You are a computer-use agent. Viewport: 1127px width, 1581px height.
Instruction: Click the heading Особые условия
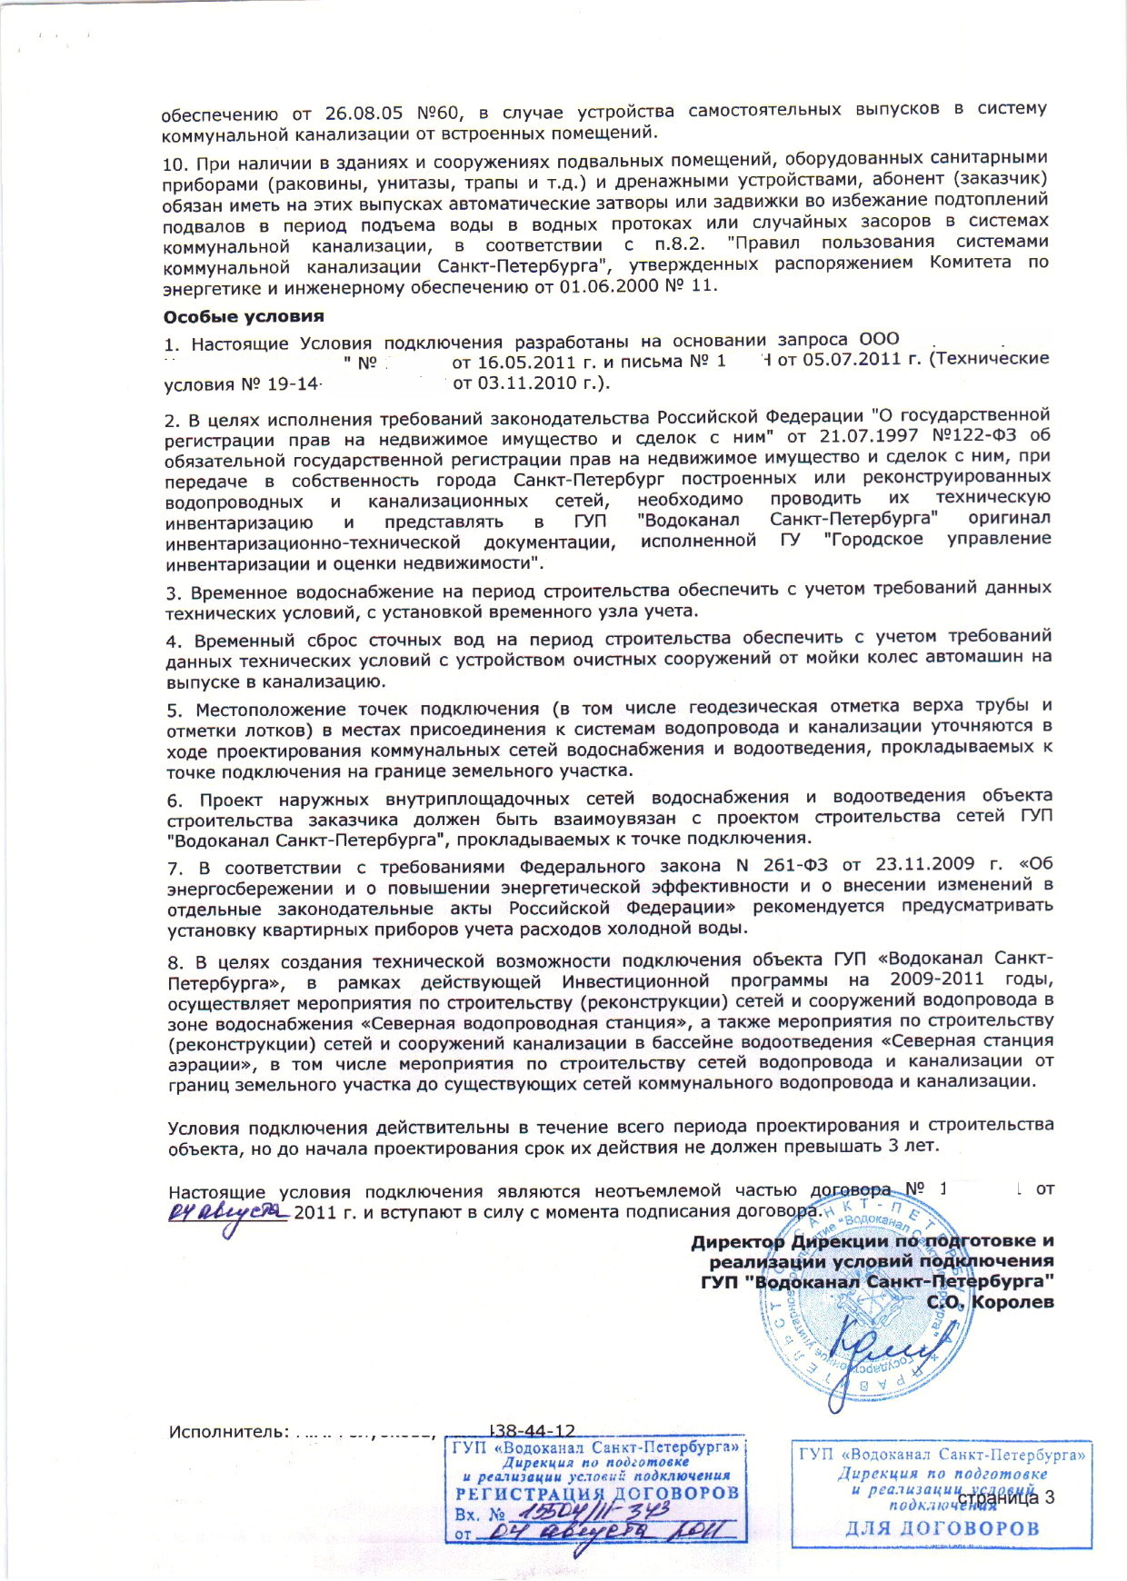coord(244,317)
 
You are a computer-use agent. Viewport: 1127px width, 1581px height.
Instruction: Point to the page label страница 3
coord(1006,1497)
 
